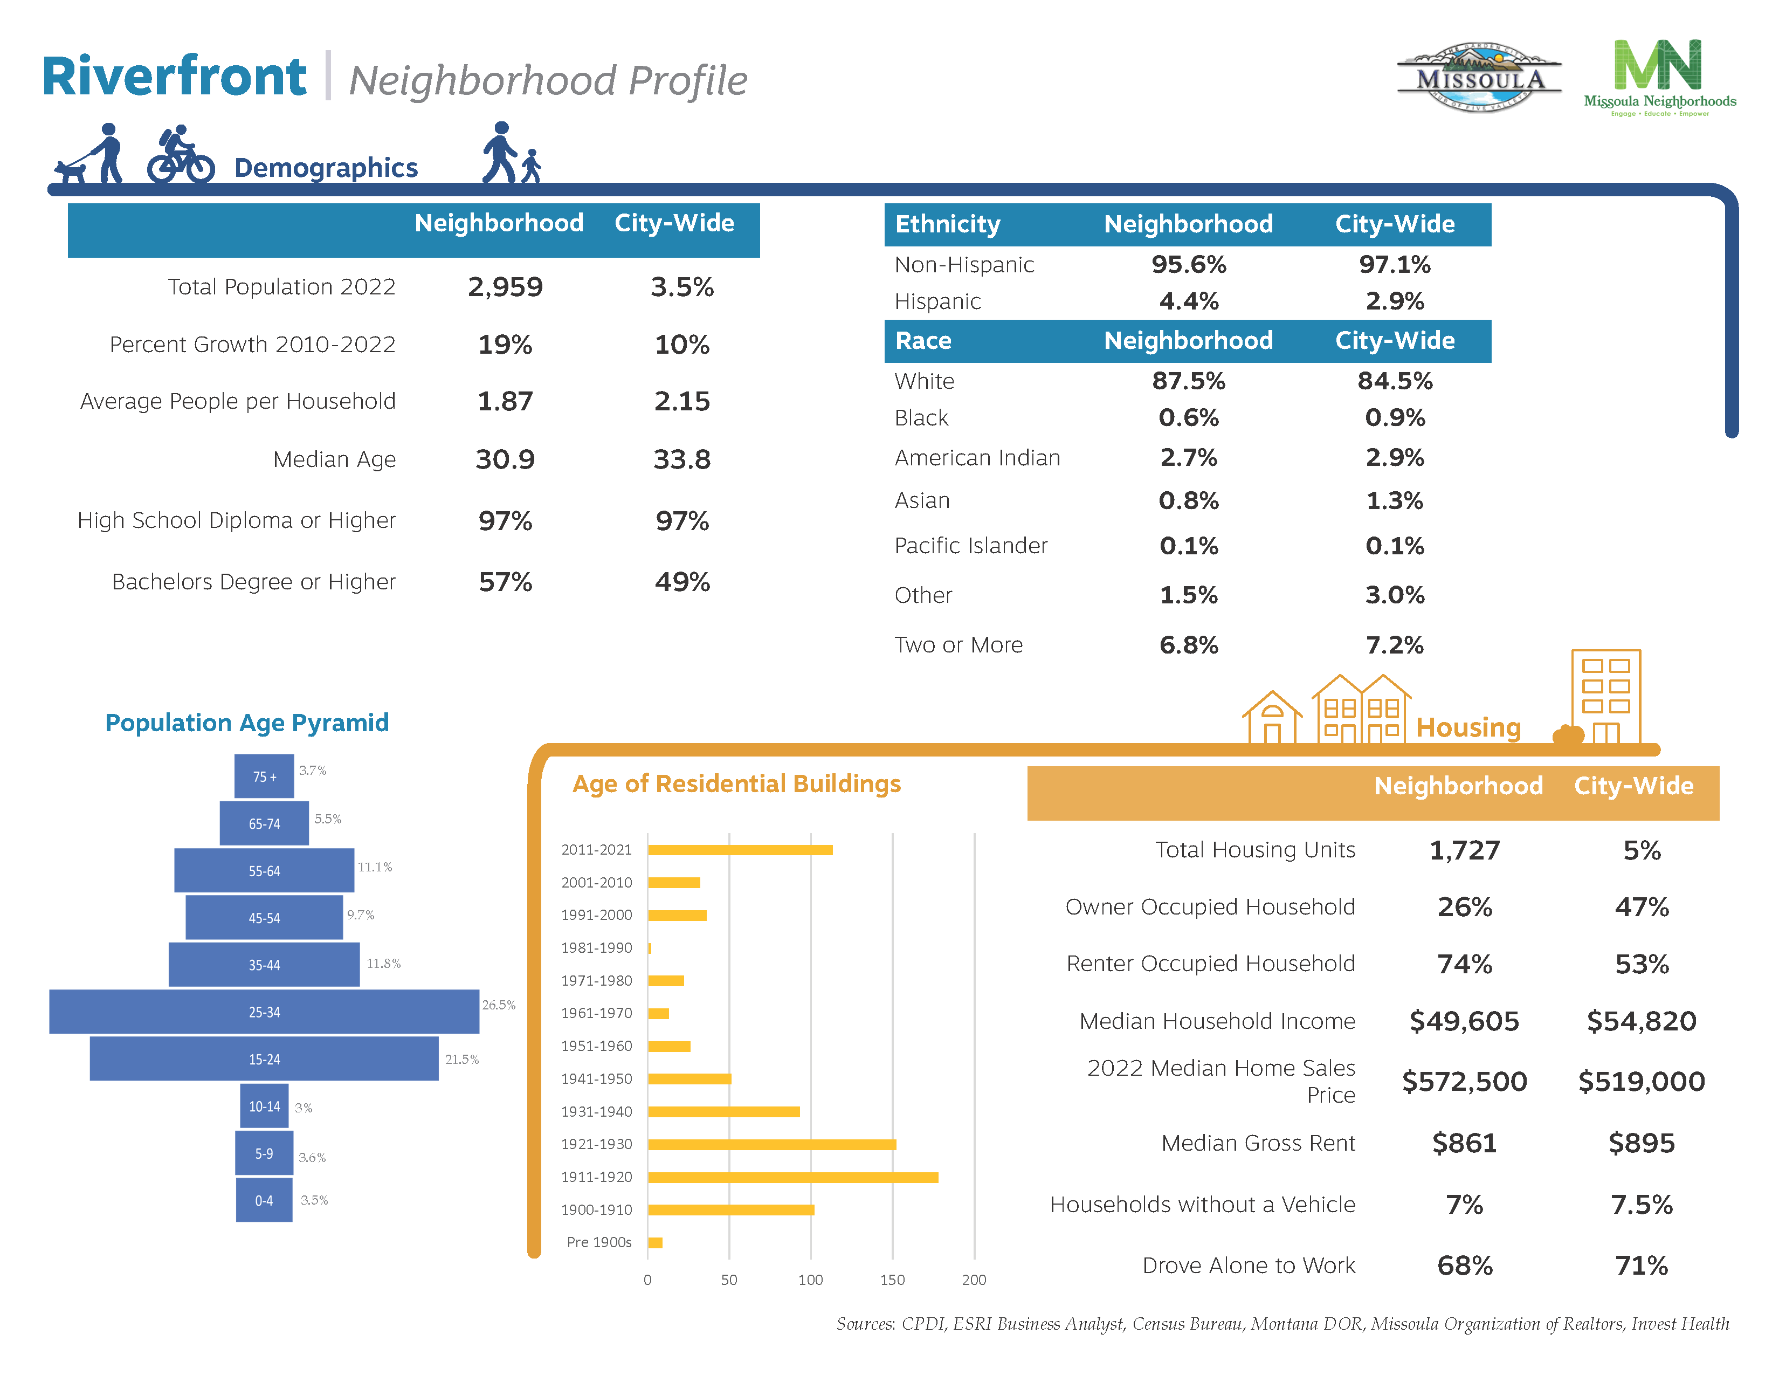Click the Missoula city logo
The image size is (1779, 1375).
pos(1478,78)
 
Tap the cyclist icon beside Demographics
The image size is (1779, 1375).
pos(180,155)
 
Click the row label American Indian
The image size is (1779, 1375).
pos(977,458)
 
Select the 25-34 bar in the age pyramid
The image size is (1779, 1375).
pos(264,1012)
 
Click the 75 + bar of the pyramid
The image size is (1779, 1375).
pos(264,776)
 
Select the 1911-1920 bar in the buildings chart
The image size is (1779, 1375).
pos(792,1177)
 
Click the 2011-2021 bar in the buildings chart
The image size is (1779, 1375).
pos(740,850)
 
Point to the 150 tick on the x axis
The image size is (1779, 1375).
pos(892,1280)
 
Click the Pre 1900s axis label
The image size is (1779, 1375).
pos(599,1242)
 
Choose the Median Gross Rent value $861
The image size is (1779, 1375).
pos(1464,1143)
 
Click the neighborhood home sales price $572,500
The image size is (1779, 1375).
pos(1464,1081)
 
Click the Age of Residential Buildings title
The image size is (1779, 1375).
pos(736,783)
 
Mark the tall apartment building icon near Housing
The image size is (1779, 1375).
pos(1605,697)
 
